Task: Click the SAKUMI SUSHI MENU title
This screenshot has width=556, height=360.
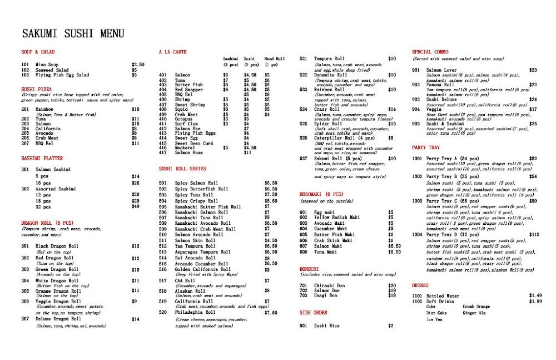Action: point(73,33)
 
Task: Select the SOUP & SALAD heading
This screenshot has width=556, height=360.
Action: point(38,52)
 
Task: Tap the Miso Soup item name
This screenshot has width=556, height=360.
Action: point(47,65)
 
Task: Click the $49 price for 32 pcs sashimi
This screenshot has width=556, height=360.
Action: point(135,206)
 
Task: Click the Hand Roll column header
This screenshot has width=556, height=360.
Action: point(274,58)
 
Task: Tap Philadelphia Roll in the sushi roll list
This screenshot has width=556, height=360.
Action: point(196,313)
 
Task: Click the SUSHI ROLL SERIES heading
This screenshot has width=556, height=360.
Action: point(182,168)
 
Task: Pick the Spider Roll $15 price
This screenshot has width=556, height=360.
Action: point(392,123)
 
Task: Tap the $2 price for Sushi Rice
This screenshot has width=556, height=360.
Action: point(390,326)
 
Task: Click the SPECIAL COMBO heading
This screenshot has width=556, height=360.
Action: point(430,52)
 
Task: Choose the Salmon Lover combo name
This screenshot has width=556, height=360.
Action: point(441,70)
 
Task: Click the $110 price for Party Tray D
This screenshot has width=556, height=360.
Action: point(534,235)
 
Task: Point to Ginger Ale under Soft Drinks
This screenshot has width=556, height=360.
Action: point(474,313)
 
